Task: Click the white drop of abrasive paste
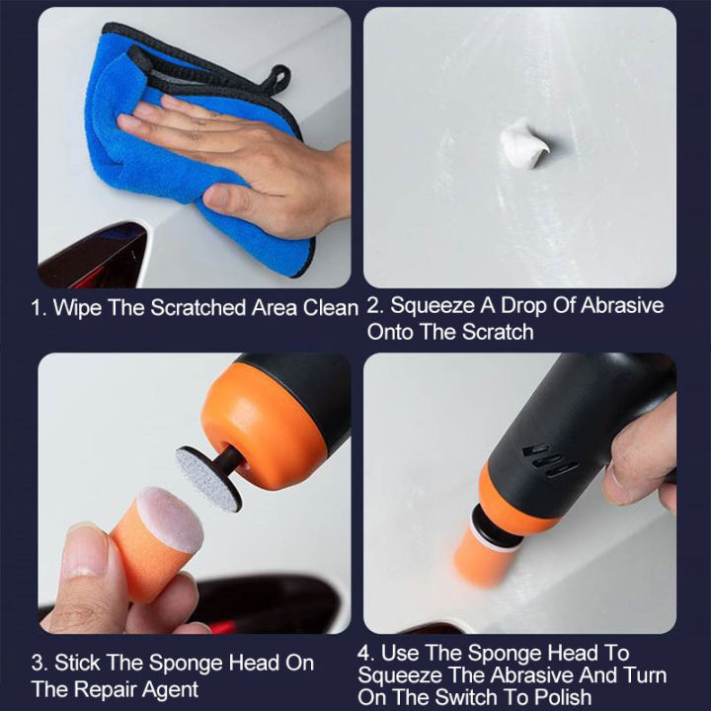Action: pos(523,144)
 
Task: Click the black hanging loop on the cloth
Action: pos(278,78)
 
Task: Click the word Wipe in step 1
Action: pos(77,307)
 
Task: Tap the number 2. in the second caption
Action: pos(375,306)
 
